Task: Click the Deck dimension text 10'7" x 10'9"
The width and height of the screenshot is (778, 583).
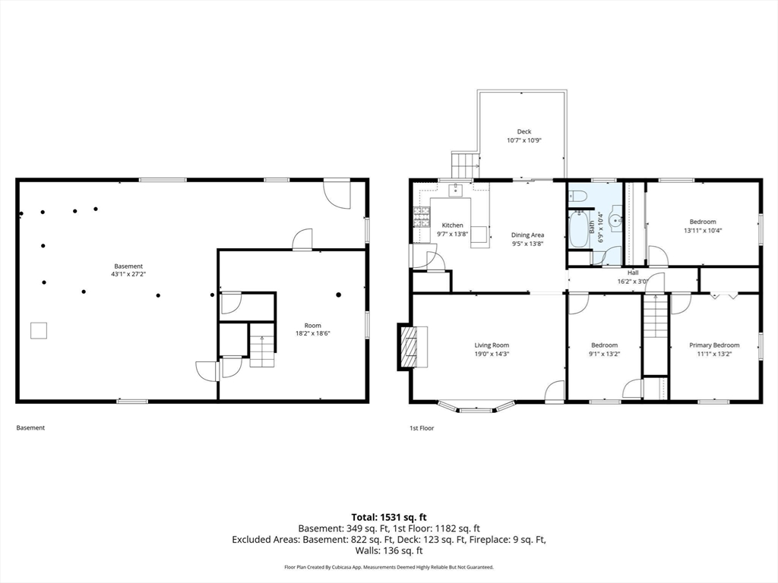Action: click(x=524, y=140)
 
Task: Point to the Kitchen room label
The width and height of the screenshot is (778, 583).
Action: click(x=453, y=225)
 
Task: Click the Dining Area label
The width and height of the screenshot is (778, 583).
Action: click(x=527, y=235)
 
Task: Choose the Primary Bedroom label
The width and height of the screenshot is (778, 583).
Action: click(x=714, y=345)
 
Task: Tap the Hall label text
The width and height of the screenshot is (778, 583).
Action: click(x=632, y=273)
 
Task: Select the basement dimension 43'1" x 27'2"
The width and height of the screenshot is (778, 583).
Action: click(x=128, y=274)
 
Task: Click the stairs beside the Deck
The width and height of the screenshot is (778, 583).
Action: click(x=463, y=165)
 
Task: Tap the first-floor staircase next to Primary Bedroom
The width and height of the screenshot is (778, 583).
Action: click(x=655, y=318)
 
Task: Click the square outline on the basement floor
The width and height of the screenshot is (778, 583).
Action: click(x=39, y=330)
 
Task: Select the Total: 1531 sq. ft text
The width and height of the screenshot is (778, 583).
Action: click(x=388, y=517)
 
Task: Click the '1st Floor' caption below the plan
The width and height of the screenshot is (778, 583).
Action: click(x=421, y=428)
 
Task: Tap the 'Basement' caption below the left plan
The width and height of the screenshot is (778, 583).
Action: click(x=30, y=428)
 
